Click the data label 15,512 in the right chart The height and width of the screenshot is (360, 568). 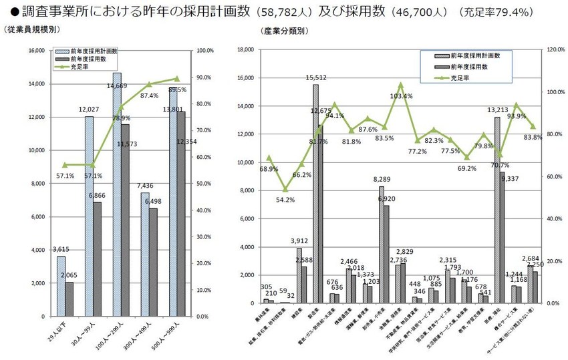pyautogui.click(x=316, y=77)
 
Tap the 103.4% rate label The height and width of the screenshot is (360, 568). pyautogui.click(x=401, y=96)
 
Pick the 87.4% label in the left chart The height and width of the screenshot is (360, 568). pyautogui.click(x=149, y=96)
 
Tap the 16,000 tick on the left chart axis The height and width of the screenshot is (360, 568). pyautogui.click(x=34, y=51)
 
